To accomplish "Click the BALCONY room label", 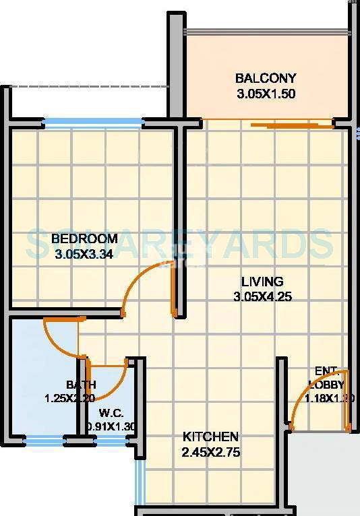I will point(266,78).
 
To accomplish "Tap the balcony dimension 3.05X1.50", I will point(266,94).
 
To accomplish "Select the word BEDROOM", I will point(84,238).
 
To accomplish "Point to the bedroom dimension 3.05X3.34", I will point(84,254).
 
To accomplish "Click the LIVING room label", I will point(263,281).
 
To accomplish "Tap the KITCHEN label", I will point(210,437).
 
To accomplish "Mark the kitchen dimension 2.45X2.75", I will point(211,453).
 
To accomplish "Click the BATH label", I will point(80,385).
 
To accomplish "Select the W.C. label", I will point(110,413).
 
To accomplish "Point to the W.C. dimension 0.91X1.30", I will point(112,426).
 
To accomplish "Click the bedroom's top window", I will point(93,123).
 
